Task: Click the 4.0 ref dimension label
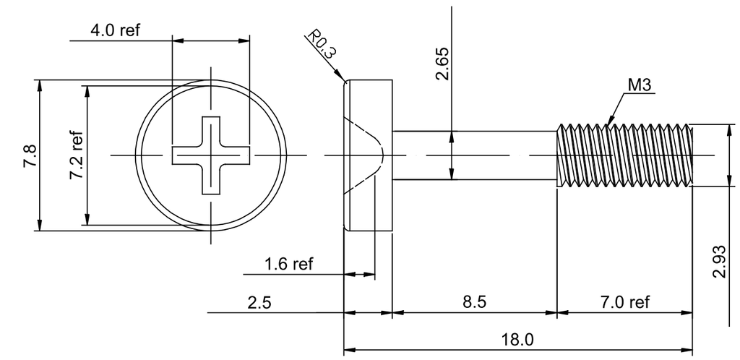pos(115,30)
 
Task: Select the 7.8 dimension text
pos(30,156)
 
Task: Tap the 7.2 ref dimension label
pos(77,155)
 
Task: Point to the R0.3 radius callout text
pos(322,43)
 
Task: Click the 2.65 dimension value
pos(442,64)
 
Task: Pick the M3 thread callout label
pos(639,85)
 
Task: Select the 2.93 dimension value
pos(719,262)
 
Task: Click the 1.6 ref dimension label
pos(288,264)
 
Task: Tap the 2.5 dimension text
pos(259,302)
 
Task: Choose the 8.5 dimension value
pos(474,301)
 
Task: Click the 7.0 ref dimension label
pos(625,301)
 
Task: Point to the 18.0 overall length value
pos(517,339)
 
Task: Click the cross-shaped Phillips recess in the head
pos(210,155)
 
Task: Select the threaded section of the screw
pos(625,155)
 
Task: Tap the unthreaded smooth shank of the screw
pos(474,155)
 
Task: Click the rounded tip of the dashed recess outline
pos(383,155)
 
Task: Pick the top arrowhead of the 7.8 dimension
pos(40,86)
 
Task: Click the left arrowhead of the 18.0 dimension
pos(349,350)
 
